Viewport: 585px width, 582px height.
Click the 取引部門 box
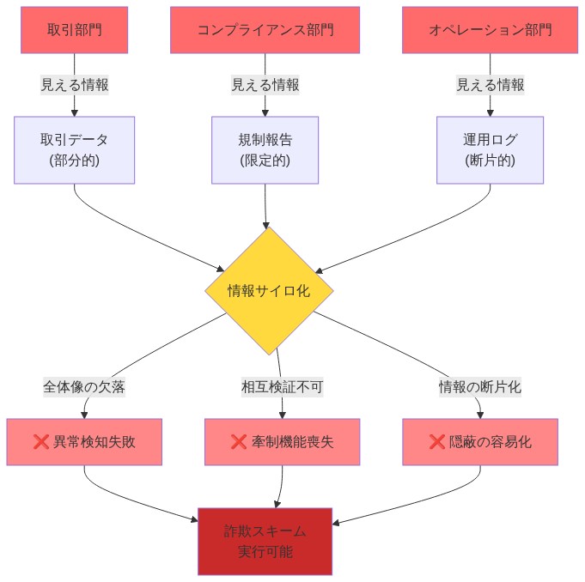tap(75, 30)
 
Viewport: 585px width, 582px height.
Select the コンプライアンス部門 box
tap(265, 30)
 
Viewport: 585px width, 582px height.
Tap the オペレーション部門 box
tap(490, 30)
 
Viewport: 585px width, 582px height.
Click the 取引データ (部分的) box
tap(75, 150)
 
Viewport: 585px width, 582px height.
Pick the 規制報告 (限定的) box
tap(265, 150)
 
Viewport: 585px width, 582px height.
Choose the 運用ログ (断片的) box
tap(490, 150)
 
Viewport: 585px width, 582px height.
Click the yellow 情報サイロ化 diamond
tap(269, 291)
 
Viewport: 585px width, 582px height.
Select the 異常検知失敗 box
tap(84, 442)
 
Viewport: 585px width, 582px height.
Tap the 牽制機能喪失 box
tap(282, 442)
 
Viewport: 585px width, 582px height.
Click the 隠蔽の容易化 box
tap(480, 442)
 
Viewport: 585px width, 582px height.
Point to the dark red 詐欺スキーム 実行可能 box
tap(265, 542)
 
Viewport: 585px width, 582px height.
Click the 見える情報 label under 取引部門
tap(75, 85)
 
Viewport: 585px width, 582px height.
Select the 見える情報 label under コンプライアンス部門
tap(265, 85)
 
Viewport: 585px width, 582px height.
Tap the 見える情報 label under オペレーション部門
tap(490, 85)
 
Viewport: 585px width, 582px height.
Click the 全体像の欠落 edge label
tap(84, 387)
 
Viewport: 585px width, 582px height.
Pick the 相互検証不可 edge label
tap(282, 387)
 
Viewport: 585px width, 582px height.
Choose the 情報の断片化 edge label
tap(480, 387)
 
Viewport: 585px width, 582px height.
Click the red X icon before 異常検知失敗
tap(40, 442)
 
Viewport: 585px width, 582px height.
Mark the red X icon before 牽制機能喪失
tap(239, 442)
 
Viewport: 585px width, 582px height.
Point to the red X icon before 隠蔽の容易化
tap(437, 442)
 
